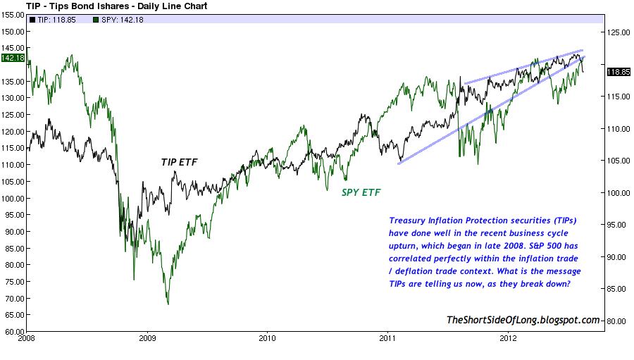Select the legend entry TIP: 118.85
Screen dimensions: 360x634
coord(53,20)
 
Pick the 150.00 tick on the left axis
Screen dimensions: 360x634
coord(13,32)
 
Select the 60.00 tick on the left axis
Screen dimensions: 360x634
coord(14,330)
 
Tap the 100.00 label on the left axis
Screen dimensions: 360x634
coord(13,198)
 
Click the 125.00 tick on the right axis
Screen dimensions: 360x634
coord(619,32)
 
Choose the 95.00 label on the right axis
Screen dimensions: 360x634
coord(618,225)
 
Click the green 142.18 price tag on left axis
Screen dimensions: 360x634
coord(13,58)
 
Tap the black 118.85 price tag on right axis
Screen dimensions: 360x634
coord(619,72)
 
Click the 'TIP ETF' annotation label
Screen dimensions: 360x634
coord(180,162)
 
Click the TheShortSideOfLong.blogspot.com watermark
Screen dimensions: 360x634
coord(523,321)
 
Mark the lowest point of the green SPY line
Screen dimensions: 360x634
coord(168,304)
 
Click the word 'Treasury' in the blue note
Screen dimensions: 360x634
coord(409,220)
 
